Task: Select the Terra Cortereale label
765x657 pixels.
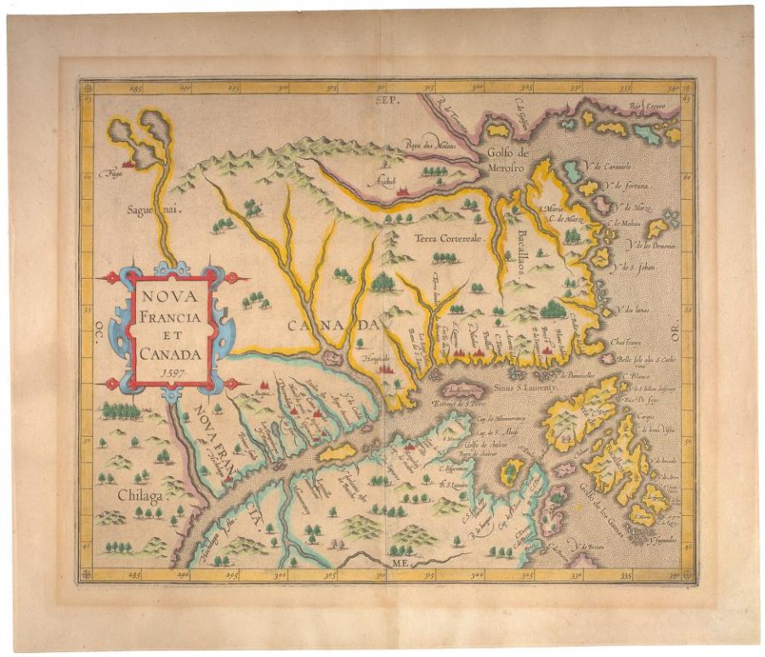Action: (x=448, y=239)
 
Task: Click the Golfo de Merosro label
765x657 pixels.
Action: (x=509, y=160)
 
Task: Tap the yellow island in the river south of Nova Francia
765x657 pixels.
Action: (x=337, y=452)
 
